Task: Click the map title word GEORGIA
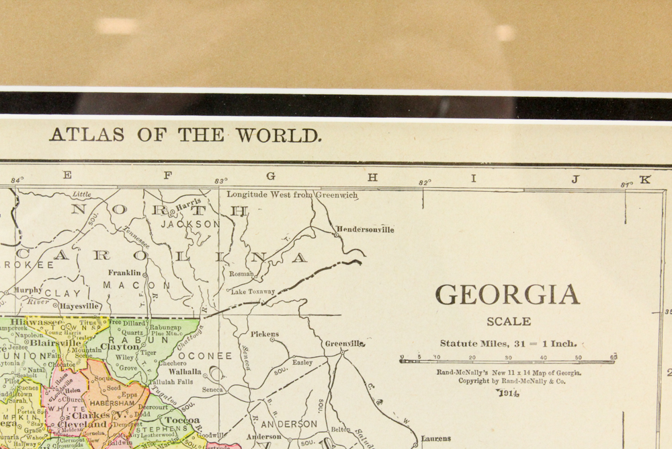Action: click(507, 296)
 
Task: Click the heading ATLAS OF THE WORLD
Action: click(185, 135)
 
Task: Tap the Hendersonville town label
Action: click(365, 230)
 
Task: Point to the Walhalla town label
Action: click(184, 372)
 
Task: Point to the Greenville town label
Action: click(345, 343)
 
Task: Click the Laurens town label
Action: click(436, 439)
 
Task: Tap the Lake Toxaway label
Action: click(253, 291)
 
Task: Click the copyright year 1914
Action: click(508, 394)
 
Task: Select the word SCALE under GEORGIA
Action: click(509, 322)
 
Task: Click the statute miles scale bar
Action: click(507, 361)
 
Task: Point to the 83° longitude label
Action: click(220, 180)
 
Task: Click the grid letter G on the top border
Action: click(271, 176)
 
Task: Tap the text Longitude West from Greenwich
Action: click(292, 195)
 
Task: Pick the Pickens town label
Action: click(264, 334)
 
